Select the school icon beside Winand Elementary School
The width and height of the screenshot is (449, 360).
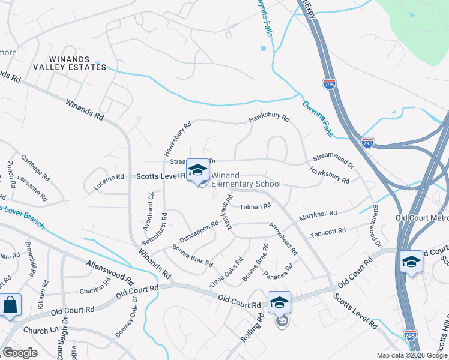[197, 170]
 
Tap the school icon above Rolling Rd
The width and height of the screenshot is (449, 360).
[279, 303]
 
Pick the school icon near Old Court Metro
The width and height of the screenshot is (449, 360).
[411, 262]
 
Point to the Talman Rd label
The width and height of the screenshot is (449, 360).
[256, 206]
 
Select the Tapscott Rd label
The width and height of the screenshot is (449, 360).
[328, 231]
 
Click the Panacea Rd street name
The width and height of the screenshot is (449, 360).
[277, 271]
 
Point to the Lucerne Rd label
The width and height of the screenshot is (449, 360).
[109, 178]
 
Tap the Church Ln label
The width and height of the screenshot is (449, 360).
[39, 331]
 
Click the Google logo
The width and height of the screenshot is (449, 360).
[20, 352]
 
